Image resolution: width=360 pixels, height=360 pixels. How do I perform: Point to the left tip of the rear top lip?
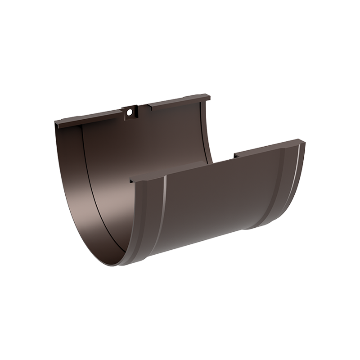(56, 122)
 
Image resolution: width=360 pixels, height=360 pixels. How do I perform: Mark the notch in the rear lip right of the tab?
(149, 107)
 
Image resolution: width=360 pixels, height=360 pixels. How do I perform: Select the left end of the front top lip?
(131, 180)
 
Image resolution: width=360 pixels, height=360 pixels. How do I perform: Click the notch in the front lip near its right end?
(235, 157)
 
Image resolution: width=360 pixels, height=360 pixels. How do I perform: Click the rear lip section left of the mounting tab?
(90, 118)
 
